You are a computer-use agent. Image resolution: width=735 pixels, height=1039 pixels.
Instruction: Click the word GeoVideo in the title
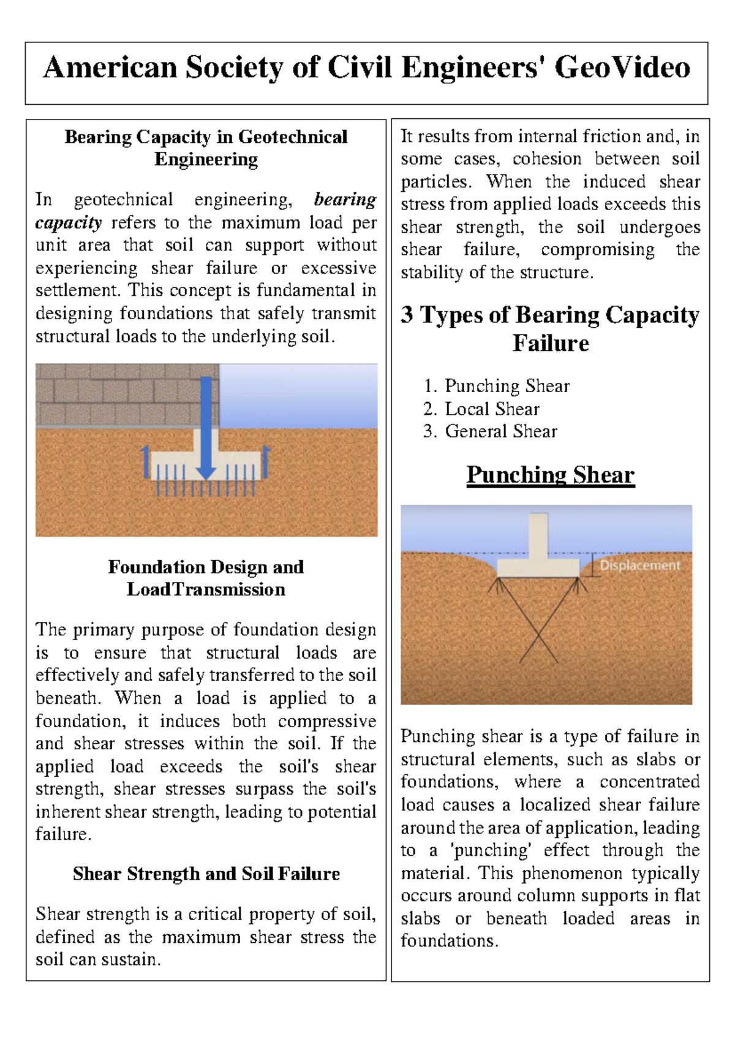point(622,67)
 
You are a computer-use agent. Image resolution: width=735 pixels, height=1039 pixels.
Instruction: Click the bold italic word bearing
point(345,200)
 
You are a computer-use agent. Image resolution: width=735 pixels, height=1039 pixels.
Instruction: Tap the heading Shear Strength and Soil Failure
point(206,873)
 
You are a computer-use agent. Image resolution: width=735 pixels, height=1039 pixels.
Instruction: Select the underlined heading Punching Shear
point(550,475)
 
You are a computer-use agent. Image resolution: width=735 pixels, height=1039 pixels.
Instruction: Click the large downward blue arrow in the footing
point(206,429)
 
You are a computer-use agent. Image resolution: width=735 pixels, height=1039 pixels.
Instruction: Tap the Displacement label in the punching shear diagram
point(639,565)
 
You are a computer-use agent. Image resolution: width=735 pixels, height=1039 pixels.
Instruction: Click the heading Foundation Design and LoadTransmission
point(206,578)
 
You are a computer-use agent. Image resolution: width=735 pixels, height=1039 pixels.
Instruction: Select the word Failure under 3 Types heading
point(550,343)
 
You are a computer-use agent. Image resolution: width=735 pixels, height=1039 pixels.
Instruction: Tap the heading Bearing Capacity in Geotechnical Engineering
point(206,148)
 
